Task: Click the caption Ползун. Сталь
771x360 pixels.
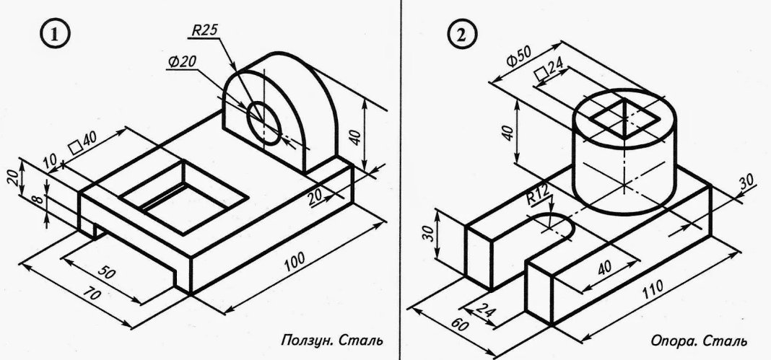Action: [331, 339]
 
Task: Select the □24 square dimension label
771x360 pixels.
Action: [549, 70]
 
